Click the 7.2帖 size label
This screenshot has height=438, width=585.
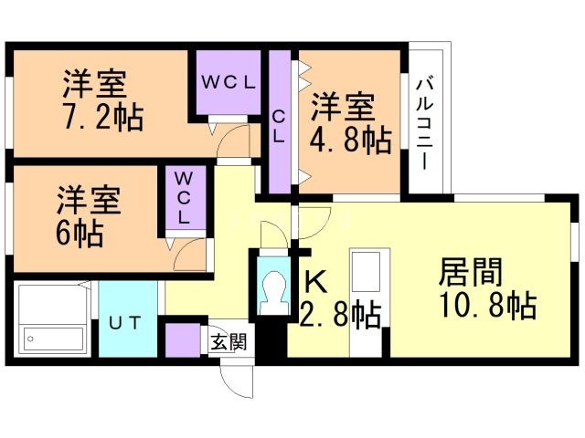[103, 118]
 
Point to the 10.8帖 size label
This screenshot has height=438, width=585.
[486, 306]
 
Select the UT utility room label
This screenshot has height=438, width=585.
[127, 322]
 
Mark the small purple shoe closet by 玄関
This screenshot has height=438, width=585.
[184, 340]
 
